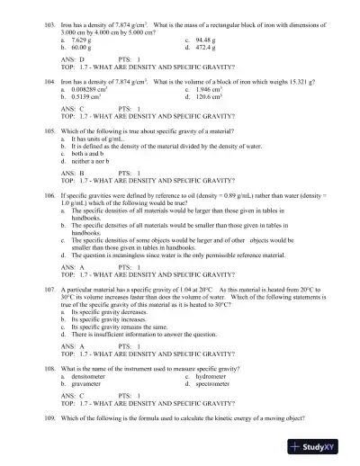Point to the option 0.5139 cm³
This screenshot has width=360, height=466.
pyautogui.click(x=86, y=97)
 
